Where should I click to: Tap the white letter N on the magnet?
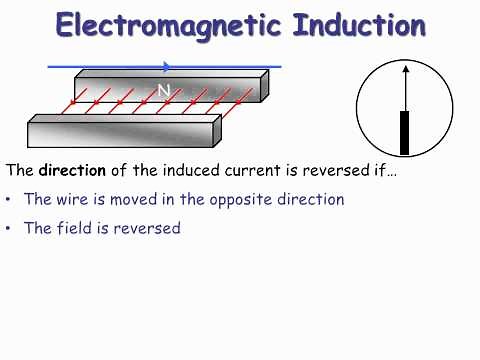click(x=164, y=90)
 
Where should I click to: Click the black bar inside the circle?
click(x=405, y=133)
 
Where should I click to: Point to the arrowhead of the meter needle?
click(x=405, y=68)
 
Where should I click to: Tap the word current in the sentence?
click(x=247, y=169)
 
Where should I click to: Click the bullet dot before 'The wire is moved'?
click(x=9, y=200)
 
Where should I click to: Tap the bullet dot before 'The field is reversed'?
click(x=9, y=229)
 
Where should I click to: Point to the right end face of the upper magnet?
click(x=265, y=86)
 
